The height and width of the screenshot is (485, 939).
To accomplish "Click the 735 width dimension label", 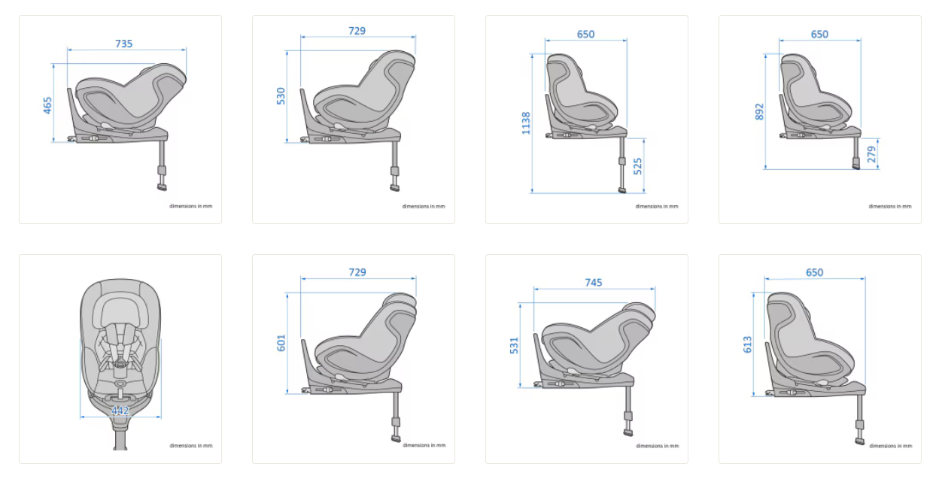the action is [x=123, y=44].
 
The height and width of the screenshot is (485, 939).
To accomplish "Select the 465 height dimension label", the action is [x=47, y=105].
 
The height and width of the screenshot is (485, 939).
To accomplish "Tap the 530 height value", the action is [x=281, y=96].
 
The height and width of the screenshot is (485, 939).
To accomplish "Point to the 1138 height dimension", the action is [x=526, y=123].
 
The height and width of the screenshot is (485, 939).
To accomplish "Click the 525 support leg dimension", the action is [x=637, y=166].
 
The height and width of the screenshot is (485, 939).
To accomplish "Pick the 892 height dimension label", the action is [x=759, y=112].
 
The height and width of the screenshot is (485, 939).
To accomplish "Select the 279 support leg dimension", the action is [x=871, y=155].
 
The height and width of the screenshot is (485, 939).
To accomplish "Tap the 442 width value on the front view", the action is [x=120, y=411].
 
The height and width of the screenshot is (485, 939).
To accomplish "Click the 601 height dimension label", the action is [x=281, y=343].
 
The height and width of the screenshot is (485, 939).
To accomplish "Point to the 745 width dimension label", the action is [x=594, y=283].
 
